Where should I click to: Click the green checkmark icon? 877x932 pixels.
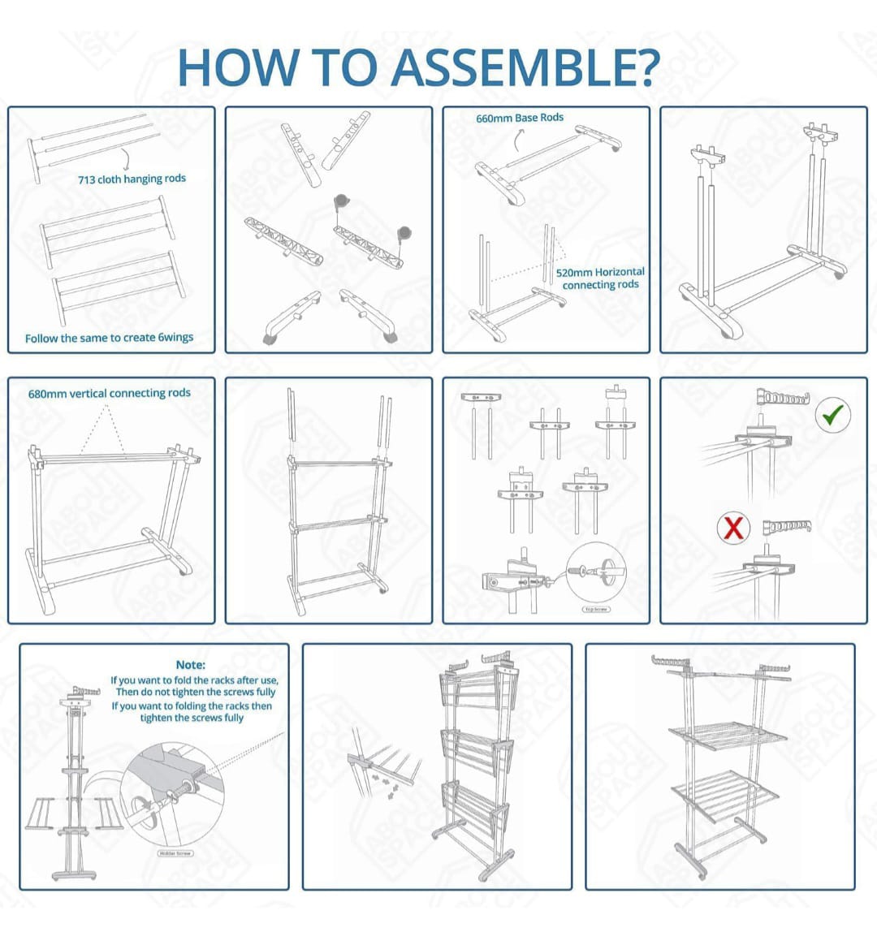(832, 416)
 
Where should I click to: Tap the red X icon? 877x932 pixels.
(732, 529)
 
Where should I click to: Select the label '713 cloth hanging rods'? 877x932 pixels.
(132, 179)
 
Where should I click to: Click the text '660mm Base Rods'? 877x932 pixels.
(520, 119)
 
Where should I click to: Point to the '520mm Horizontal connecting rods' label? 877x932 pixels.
(600, 278)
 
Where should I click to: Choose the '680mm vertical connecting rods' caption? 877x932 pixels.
(110, 393)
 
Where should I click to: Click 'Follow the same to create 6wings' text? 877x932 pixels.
(109, 338)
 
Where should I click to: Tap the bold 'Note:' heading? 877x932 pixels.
(191, 665)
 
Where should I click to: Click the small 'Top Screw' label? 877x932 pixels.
(596, 609)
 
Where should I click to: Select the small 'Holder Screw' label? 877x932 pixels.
(175, 853)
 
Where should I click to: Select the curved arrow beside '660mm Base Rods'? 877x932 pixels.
(517, 140)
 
